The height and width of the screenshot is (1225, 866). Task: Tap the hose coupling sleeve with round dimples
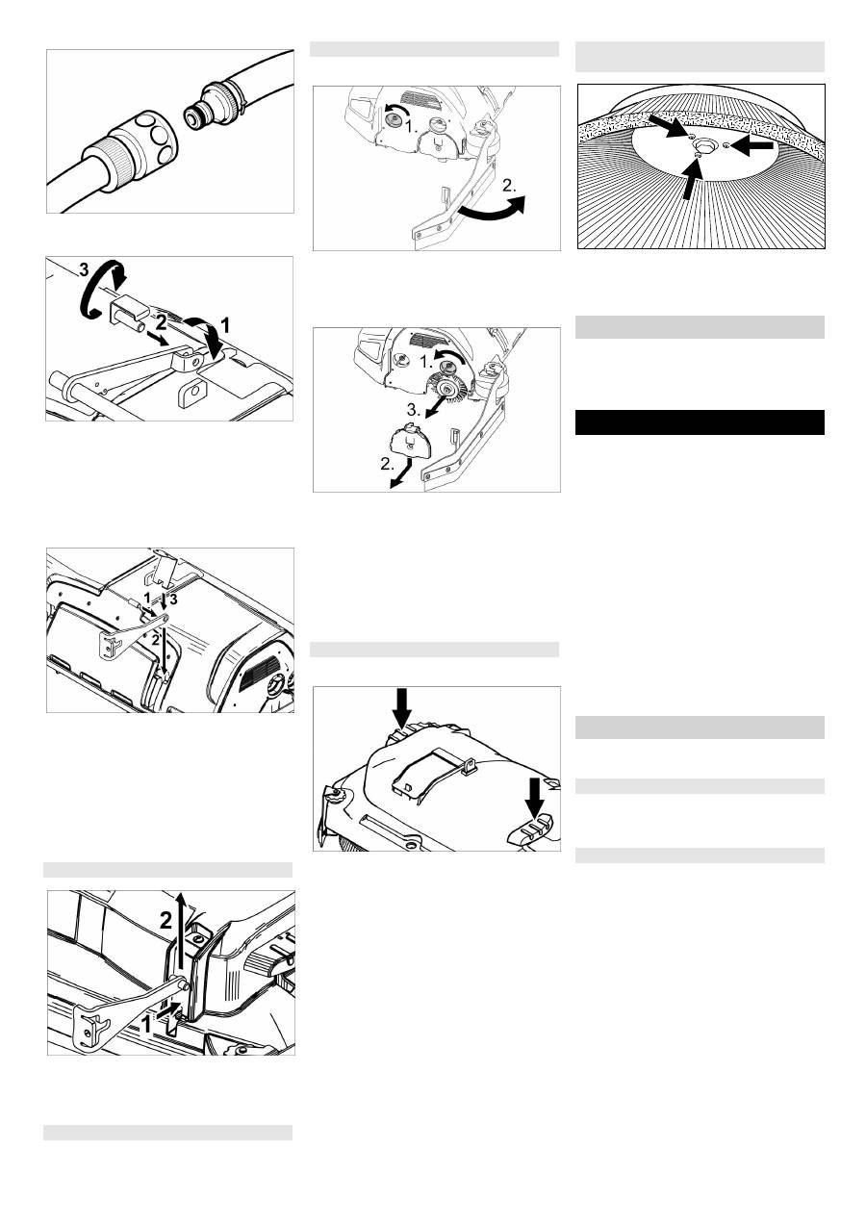coord(146,140)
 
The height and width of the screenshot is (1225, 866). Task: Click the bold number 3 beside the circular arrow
coord(84,269)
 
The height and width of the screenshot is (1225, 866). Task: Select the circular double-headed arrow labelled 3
coord(101,288)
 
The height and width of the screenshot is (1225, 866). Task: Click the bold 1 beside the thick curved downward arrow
coord(225,326)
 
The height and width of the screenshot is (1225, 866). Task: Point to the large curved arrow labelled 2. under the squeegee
coord(491,210)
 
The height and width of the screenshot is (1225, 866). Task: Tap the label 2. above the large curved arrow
coord(509,186)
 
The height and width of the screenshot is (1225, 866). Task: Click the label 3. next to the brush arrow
coord(414,409)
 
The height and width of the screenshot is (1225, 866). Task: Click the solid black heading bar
coord(700,422)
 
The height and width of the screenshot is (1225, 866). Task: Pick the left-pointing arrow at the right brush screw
coord(754,145)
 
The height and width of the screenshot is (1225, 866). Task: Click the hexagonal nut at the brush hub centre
coord(700,145)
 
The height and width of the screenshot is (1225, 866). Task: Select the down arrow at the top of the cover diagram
coord(402,707)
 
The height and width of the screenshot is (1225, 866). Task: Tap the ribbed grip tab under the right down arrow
coord(531,828)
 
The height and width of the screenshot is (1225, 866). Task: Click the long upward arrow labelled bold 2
coord(182,935)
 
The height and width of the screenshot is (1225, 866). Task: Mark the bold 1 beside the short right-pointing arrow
coord(146,1024)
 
